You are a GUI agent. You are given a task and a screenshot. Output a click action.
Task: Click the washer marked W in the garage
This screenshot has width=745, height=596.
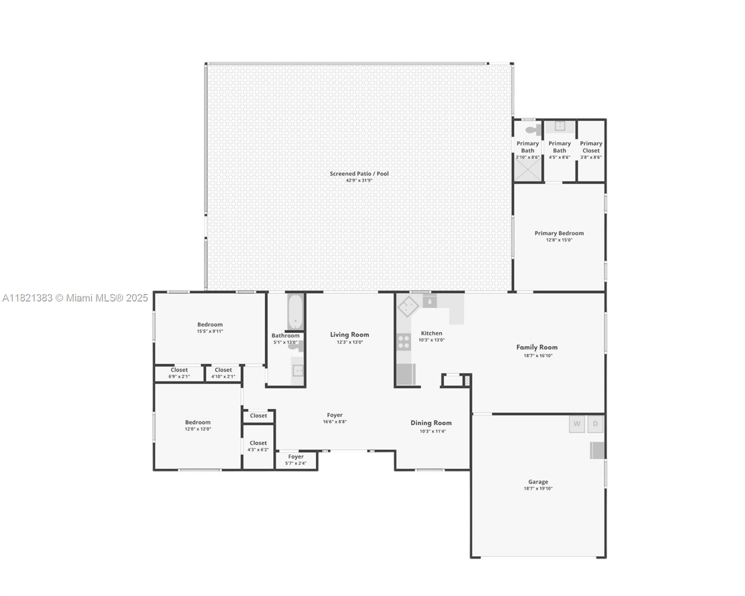(577, 424)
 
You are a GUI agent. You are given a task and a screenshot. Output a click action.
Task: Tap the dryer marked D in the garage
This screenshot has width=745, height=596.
(596, 424)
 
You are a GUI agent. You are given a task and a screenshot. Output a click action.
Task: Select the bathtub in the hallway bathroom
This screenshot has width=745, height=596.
(296, 312)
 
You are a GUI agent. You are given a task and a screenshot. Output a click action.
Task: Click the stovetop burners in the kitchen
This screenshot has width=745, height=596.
(404, 342)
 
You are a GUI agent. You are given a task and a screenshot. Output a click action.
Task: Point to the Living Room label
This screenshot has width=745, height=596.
(349, 335)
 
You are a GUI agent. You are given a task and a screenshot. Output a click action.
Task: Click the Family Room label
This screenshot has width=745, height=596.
(537, 347)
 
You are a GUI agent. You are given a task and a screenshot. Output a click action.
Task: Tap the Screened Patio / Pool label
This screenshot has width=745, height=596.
(359, 173)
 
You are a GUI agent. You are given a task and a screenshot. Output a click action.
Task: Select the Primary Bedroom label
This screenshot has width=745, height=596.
(559, 233)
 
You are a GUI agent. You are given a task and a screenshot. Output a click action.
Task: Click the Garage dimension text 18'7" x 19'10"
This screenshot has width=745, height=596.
(538, 489)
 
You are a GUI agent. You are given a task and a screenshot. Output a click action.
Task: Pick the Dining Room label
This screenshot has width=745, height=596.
(431, 423)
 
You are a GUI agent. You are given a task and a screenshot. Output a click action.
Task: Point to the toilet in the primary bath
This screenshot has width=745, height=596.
(533, 130)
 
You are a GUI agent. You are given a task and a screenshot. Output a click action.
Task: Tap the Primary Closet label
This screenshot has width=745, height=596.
(591, 147)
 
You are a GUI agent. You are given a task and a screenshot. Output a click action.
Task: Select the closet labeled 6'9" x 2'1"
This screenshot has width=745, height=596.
(179, 373)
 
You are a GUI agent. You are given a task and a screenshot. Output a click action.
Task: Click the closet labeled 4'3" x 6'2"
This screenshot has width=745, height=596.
(258, 447)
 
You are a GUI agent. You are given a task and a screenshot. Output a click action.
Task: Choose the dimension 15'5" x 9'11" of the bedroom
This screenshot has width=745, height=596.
(210, 331)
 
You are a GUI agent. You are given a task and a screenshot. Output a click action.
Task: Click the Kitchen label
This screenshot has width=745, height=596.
(431, 333)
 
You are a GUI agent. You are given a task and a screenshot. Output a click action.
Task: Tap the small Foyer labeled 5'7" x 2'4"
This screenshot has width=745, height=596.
(296, 460)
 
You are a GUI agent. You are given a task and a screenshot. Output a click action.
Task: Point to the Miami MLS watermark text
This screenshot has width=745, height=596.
(75, 298)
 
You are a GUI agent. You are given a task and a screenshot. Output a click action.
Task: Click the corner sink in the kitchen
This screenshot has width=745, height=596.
(408, 306)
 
